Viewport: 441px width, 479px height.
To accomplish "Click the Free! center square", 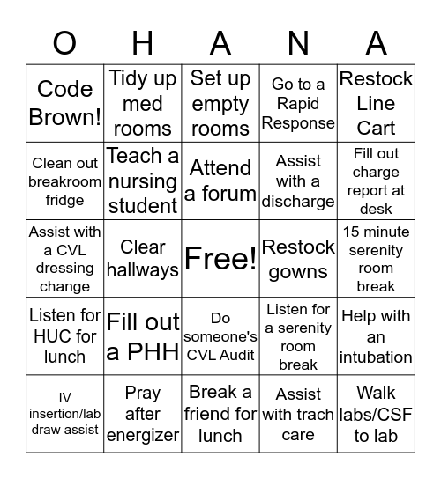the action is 220,259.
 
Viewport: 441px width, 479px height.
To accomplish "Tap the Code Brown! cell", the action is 64,103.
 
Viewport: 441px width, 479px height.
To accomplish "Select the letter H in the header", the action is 143,42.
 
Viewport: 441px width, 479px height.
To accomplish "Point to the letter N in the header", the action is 298,42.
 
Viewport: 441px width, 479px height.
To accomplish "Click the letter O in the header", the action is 64,42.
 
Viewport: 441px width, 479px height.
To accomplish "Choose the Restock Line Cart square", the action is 376,103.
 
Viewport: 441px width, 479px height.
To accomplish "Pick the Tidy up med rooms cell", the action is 143,103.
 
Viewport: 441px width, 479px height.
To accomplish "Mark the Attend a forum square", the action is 220,181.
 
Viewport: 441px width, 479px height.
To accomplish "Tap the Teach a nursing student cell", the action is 143,181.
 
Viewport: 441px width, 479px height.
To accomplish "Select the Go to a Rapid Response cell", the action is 298,103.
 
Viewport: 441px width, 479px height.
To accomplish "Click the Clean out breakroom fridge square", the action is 64,181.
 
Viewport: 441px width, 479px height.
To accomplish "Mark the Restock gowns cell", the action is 298,259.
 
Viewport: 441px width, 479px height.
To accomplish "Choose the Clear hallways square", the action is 143,259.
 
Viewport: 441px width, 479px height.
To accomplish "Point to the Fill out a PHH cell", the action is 143,336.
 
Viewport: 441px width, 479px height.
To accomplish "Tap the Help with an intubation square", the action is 376,336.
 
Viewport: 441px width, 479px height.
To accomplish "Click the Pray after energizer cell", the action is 143,414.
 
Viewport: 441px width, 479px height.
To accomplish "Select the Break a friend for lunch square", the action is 220,414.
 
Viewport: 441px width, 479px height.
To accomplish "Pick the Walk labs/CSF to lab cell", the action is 376,414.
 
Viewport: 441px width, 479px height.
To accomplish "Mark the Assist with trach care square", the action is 298,414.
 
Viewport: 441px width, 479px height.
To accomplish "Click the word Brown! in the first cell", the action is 64,117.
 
